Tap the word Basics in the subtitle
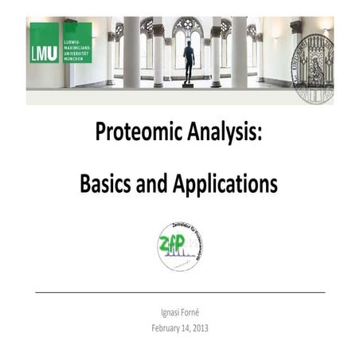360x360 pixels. pos(105,185)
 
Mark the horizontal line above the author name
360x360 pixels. pos(180,293)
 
